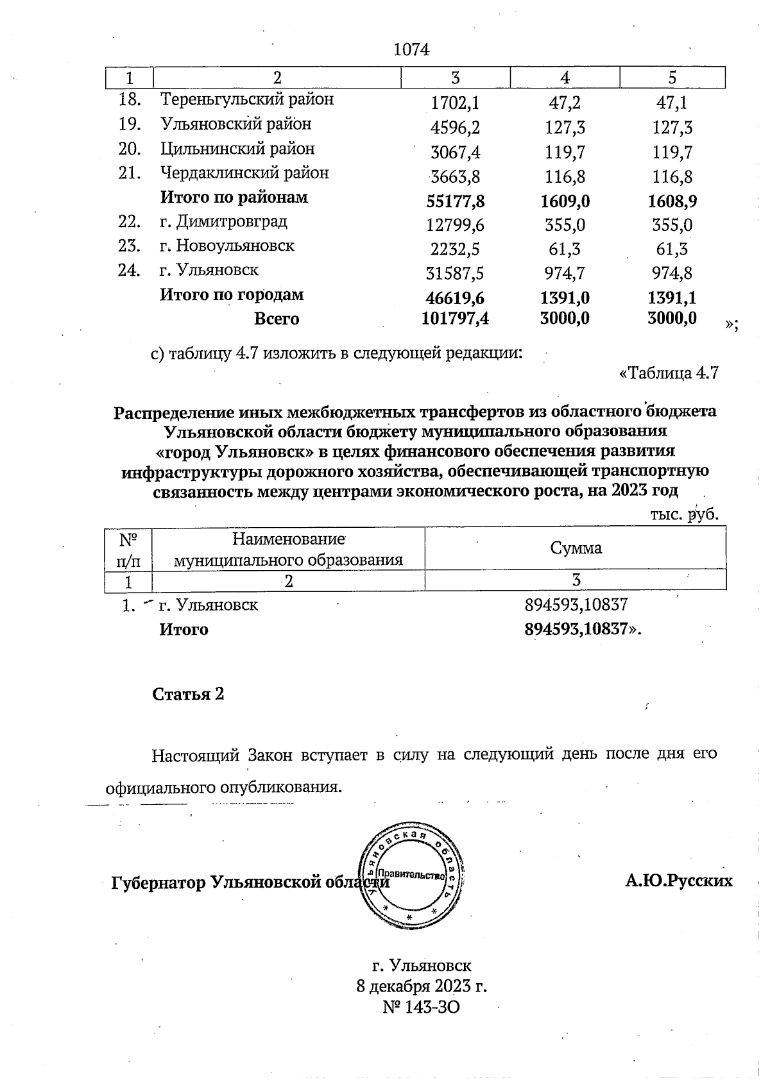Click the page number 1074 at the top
[x=411, y=49]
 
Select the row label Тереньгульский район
[x=246, y=99]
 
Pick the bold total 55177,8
[x=455, y=201]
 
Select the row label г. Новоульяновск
[x=227, y=246]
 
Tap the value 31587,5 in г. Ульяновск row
[x=455, y=274]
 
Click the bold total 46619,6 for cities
[x=455, y=298]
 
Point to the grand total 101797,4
[x=455, y=318]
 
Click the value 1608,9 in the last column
[x=672, y=201]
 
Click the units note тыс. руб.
[x=684, y=514]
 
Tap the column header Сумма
[x=576, y=548]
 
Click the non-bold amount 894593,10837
[x=576, y=604]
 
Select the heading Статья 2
[x=188, y=694]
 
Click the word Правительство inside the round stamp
[x=411, y=875]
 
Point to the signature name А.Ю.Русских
[x=679, y=881]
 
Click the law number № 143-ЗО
[x=421, y=1008]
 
